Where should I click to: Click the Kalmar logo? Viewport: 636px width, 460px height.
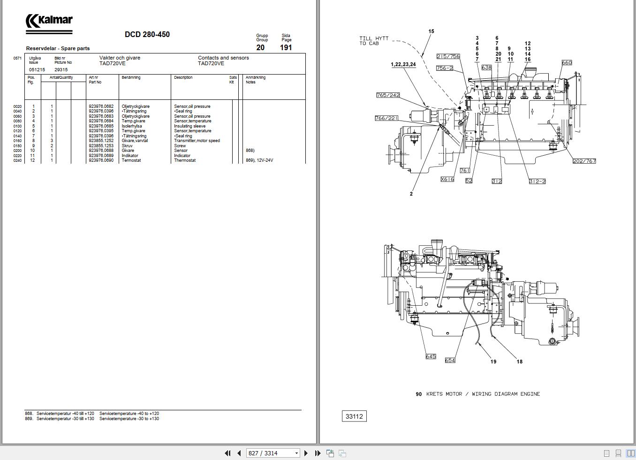coord(49,21)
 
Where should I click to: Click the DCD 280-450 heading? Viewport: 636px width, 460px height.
coord(147,34)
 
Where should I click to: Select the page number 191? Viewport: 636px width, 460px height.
coord(286,47)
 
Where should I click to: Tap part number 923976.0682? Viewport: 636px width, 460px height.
coord(101,106)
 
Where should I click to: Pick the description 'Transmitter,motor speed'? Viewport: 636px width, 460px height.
coord(197,141)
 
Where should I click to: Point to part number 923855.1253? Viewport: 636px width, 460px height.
coord(101,146)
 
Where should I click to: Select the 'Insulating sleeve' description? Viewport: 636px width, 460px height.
coord(190,126)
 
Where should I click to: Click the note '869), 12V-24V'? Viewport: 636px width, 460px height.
coord(259,160)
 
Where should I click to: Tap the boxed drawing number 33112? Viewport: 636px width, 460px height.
coord(354,416)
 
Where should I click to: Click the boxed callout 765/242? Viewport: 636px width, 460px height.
coord(388,95)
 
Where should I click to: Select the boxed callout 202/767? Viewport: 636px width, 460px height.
coord(584,161)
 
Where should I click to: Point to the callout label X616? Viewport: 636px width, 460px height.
coord(447,179)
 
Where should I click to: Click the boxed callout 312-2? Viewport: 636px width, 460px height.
coord(537,181)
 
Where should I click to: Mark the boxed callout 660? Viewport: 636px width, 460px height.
coord(567,63)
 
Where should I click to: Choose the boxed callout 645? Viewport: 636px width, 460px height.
coord(431,356)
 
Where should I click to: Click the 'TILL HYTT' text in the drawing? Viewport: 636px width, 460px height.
coord(374,38)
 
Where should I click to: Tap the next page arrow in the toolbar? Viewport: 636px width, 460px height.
coord(306,453)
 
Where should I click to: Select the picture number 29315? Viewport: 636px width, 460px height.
coord(61,69)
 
